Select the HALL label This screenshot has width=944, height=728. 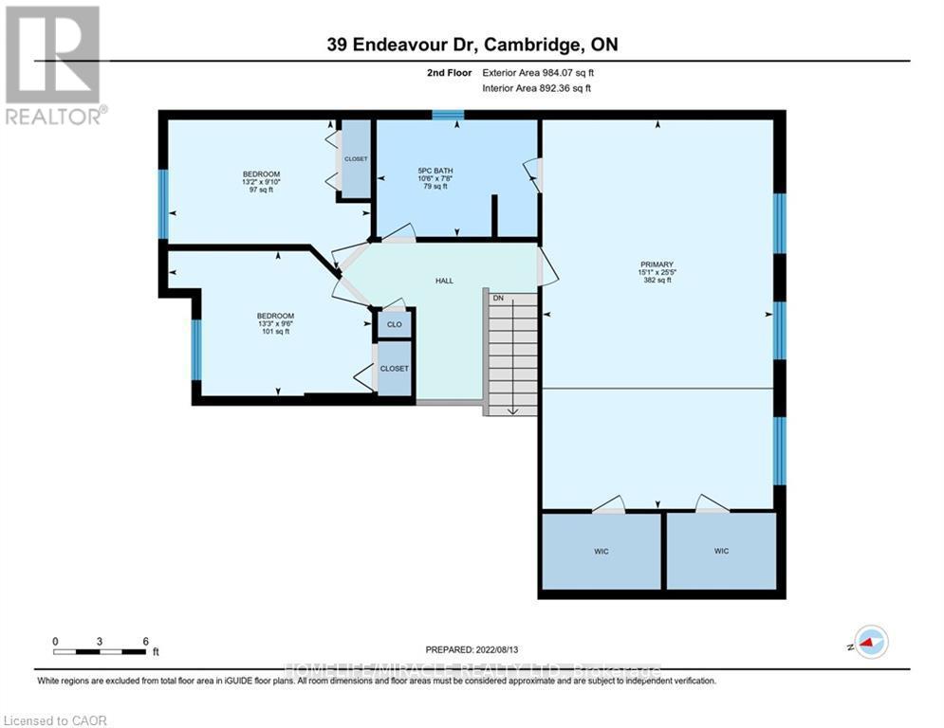pos(444,281)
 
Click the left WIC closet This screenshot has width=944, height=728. pos(601,551)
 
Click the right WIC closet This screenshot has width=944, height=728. pos(722,551)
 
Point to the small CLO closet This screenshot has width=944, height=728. pos(394,324)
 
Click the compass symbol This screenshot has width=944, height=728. pos(870,642)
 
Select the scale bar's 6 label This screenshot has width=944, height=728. pos(145,642)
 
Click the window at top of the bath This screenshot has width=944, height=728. pos(447,116)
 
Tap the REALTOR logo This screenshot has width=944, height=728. pos(54,64)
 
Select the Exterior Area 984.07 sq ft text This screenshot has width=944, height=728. pos(539,72)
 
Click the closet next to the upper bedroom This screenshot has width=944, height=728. pos(356,159)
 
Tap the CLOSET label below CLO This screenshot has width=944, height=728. pos(395,369)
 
